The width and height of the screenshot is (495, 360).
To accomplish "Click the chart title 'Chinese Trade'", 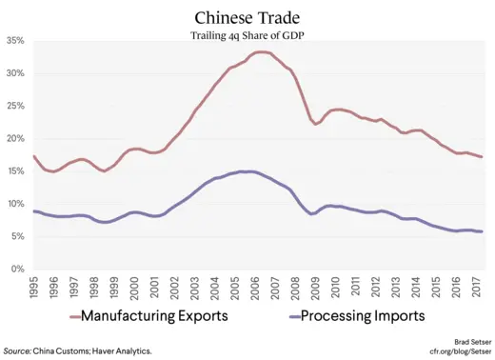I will tap(247, 18).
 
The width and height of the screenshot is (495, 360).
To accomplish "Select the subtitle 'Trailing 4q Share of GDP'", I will tap(247, 36).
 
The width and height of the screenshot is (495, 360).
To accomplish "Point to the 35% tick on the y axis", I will tap(14, 41).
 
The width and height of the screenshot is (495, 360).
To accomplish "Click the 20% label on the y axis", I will tap(14, 139).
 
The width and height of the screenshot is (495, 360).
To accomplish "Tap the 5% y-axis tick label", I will tap(16, 236).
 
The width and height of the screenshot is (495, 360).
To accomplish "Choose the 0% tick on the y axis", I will tap(16, 269).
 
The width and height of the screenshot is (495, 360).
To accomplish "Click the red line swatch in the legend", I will tap(61, 317).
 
